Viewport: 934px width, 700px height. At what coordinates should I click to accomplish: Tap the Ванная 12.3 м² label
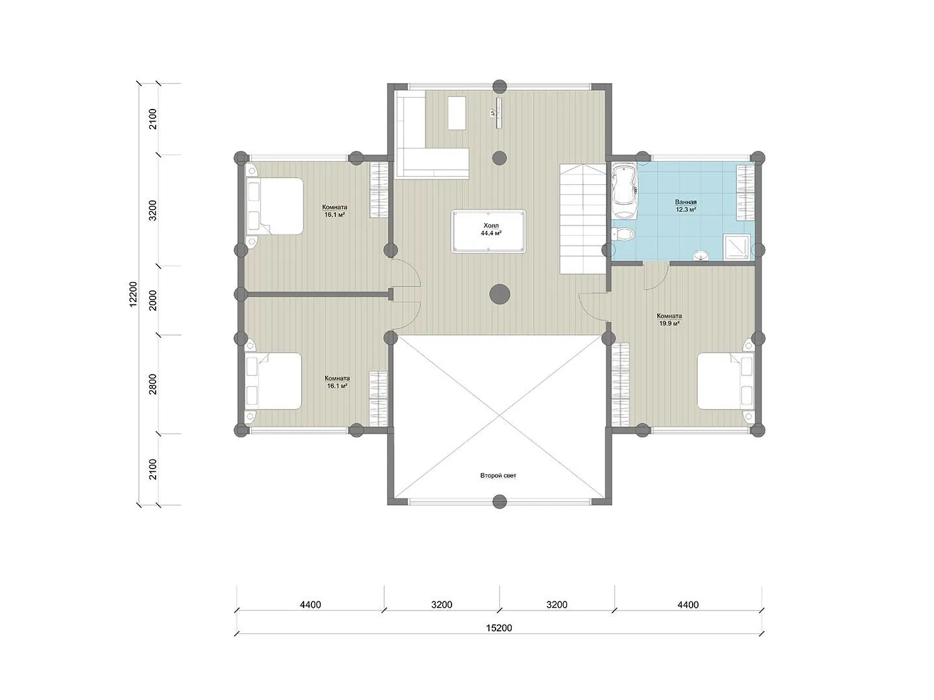click(685, 205)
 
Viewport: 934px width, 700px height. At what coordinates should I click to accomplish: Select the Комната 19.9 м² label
click(669, 319)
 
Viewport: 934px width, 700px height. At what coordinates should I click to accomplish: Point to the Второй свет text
click(498, 475)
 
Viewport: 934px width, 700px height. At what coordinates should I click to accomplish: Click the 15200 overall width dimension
click(499, 628)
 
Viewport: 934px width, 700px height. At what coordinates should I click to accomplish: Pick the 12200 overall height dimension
click(133, 294)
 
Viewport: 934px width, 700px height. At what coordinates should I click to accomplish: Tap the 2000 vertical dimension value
click(153, 301)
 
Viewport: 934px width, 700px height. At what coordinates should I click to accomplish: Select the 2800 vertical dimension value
click(153, 384)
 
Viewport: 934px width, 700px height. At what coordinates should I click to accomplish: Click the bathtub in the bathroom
click(624, 192)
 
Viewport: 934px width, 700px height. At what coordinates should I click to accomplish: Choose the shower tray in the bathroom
click(738, 246)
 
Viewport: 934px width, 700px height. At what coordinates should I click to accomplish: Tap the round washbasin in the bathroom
click(700, 255)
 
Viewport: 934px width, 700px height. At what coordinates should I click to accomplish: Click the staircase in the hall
click(582, 219)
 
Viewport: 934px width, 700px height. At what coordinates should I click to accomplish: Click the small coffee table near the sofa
click(457, 113)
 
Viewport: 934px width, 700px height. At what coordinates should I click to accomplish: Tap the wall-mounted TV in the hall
click(499, 113)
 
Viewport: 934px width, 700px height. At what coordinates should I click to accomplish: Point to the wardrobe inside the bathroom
click(745, 192)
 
